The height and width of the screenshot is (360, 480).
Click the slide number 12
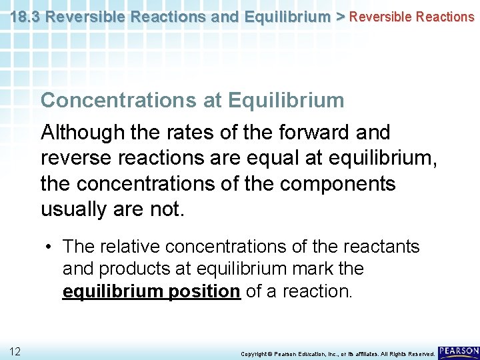15,351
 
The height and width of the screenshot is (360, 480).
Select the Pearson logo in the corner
459,351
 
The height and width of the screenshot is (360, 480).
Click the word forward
313,133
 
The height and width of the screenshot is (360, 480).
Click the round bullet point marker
50,247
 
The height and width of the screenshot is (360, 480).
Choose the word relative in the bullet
130,247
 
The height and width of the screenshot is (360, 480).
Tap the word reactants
381,247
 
